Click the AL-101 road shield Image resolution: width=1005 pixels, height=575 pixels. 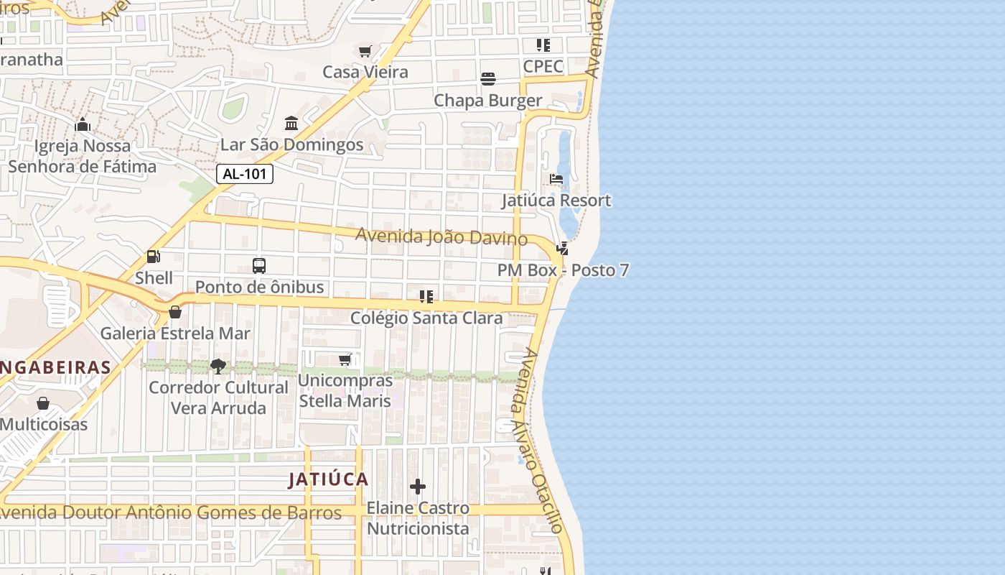pyautogui.click(x=245, y=174)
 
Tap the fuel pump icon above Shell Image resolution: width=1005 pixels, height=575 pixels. pyautogui.click(x=153, y=256)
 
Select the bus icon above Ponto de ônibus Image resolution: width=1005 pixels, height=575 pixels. pyautogui.click(x=259, y=265)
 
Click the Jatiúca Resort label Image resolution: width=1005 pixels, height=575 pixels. pyautogui.click(x=556, y=201)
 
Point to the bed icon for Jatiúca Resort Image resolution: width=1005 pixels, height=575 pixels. pyautogui.click(x=556, y=179)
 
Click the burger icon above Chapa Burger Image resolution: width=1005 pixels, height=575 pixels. pyautogui.click(x=488, y=78)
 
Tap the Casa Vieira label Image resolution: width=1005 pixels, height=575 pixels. pyautogui.click(x=365, y=72)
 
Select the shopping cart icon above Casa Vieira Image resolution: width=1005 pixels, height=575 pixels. pyautogui.click(x=365, y=51)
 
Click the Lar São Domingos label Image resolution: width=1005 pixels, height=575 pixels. pyautogui.click(x=291, y=144)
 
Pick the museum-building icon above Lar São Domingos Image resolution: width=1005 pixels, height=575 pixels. pyautogui.click(x=291, y=124)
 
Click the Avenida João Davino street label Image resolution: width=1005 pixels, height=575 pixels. pyautogui.click(x=441, y=236)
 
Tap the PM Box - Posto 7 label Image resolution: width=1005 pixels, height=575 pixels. pyautogui.click(x=563, y=270)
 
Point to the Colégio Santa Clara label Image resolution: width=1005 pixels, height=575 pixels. pyautogui.click(x=426, y=318)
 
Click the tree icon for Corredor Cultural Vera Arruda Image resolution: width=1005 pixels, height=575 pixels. pyautogui.click(x=218, y=367)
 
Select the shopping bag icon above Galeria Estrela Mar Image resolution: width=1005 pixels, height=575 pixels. pyautogui.click(x=174, y=312)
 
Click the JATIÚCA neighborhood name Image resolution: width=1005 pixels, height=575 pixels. pyautogui.click(x=328, y=479)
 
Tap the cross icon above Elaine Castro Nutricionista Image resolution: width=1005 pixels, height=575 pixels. pyautogui.click(x=418, y=487)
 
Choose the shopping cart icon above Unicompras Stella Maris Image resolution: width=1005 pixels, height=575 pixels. pyautogui.click(x=345, y=359)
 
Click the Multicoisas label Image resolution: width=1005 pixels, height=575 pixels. pyautogui.click(x=43, y=424)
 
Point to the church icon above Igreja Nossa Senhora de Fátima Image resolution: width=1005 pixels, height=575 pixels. pyautogui.click(x=83, y=124)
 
